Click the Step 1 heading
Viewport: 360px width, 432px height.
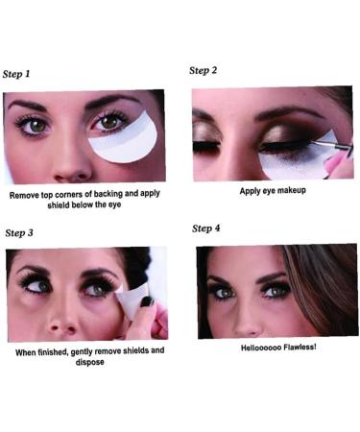point(17,74)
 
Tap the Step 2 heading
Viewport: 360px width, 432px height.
point(204,70)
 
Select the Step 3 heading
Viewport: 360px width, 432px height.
point(20,232)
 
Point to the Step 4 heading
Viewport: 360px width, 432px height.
point(207,228)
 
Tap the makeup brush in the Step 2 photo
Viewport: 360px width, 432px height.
point(334,148)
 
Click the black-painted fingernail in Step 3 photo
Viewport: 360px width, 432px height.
point(148,301)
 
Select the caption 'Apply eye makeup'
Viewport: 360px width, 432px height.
point(272,191)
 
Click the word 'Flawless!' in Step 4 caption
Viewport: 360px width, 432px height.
point(296,347)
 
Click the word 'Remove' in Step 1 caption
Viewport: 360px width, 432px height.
point(26,195)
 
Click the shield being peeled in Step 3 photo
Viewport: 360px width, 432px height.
point(130,298)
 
